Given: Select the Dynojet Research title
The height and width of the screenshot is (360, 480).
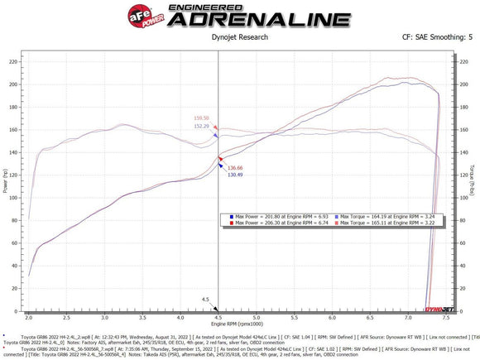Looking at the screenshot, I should (x=241, y=37).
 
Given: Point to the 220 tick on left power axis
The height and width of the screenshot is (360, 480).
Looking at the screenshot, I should (x=12, y=62).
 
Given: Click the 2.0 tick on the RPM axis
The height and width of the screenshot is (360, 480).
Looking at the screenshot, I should (x=30, y=318).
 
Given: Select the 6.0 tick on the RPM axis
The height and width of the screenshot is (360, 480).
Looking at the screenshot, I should (x=329, y=318).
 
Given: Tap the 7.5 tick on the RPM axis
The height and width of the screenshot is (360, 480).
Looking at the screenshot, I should (x=446, y=318).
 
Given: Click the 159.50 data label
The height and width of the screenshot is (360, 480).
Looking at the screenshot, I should (x=202, y=118).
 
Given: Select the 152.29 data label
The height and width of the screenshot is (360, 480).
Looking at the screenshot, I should (x=202, y=126).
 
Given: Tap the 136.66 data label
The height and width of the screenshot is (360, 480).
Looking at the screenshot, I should (x=234, y=168).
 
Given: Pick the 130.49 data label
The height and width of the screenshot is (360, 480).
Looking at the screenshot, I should (x=234, y=175).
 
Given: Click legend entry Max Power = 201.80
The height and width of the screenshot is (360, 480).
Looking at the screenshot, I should (x=265, y=216).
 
